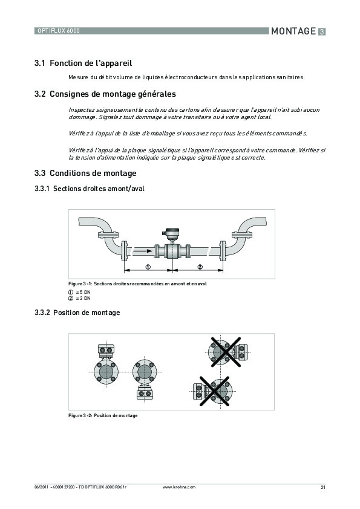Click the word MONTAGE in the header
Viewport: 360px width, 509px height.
click(293, 31)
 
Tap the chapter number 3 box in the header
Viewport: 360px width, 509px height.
click(322, 31)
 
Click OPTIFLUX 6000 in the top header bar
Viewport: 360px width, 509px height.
click(59, 30)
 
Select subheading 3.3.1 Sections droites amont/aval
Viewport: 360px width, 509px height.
click(90, 189)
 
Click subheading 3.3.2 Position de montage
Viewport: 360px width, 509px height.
click(77, 313)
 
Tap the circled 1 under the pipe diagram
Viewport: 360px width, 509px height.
click(148, 267)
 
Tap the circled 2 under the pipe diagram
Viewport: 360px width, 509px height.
click(200, 267)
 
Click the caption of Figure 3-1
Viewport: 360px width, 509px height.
click(137, 284)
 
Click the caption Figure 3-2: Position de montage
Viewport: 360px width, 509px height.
click(102, 415)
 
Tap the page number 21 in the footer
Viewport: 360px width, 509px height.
click(322, 487)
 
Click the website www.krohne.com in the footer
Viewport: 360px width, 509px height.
click(180, 487)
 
